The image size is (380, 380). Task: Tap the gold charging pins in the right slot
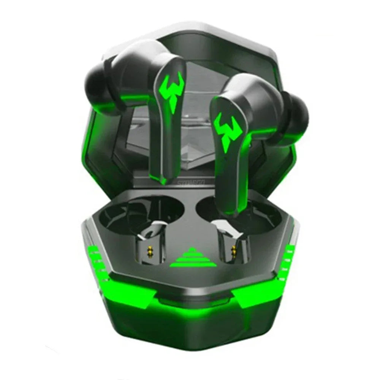click(233, 250)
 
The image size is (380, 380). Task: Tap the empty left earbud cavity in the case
click(152, 213)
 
